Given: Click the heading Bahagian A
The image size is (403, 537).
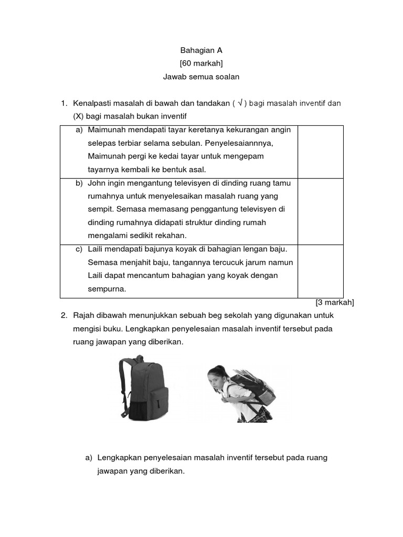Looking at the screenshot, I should pos(201,50).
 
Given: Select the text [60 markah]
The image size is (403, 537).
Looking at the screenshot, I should pos(201,63).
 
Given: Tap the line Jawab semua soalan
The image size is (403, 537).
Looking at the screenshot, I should pos(201,77).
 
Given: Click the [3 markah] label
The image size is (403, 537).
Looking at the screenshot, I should pos(335,303).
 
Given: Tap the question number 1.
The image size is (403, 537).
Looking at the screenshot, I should pos(64,103).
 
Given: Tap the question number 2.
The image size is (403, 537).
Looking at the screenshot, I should pos(64,315).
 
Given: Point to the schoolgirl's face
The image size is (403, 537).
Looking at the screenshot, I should pos(216,379).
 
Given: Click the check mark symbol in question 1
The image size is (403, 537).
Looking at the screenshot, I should pos(239,103).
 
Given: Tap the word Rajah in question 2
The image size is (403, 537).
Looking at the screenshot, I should pos(84,315).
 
